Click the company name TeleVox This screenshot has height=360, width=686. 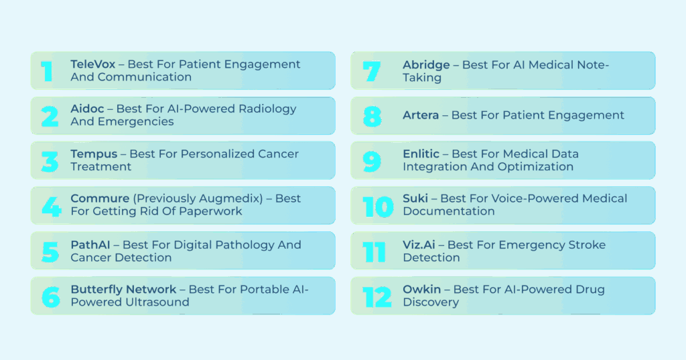click(x=92, y=64)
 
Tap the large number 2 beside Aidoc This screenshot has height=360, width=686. click(x=50, y=117)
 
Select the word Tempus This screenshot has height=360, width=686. click(x=94, y=154)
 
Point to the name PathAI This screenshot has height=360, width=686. click(x=90, y=245)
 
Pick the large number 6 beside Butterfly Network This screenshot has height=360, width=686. click(x=50, y=297)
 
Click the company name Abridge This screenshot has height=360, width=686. click(x=426, y=65)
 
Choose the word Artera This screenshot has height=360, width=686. click(x=421, y=115)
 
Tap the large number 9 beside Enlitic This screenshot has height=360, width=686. click(x=372, y=162)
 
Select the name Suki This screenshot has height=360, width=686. click(x=415, y=198)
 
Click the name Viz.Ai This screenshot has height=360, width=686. click(x=419, y=245)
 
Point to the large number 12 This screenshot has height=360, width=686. click(x=376, y=297)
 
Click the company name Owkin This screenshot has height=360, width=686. click(x=422, y=290)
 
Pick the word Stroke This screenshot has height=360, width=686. click(x=587, y=245)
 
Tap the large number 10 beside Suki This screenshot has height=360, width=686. click(x=378, y=206)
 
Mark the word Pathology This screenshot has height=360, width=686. click(x=244, y=245)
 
